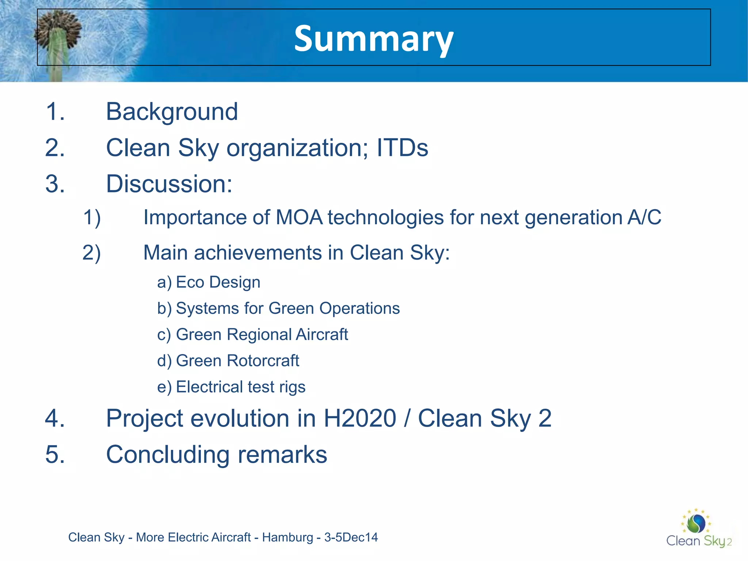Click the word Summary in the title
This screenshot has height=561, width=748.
tap(373, 38)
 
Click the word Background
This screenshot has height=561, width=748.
tap(172, 111)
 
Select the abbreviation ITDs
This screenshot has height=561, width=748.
tap(402, 148)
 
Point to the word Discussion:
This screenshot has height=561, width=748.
tap(169, 184)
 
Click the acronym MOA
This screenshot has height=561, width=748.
tap(299, 217)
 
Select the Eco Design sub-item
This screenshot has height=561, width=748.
tap(218, 282)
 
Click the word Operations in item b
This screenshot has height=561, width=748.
tap(359, 308)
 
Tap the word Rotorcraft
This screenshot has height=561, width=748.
tap(263, 361)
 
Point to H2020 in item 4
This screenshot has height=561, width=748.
tap(360, 418)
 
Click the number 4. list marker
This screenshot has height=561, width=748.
tap(55, 418)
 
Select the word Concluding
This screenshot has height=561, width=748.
tap(168, 455)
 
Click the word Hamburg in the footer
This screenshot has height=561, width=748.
tap(287, 537)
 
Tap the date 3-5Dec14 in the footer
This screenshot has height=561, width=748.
tap(351, 537)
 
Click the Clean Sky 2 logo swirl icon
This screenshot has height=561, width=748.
tap(696, 523)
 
